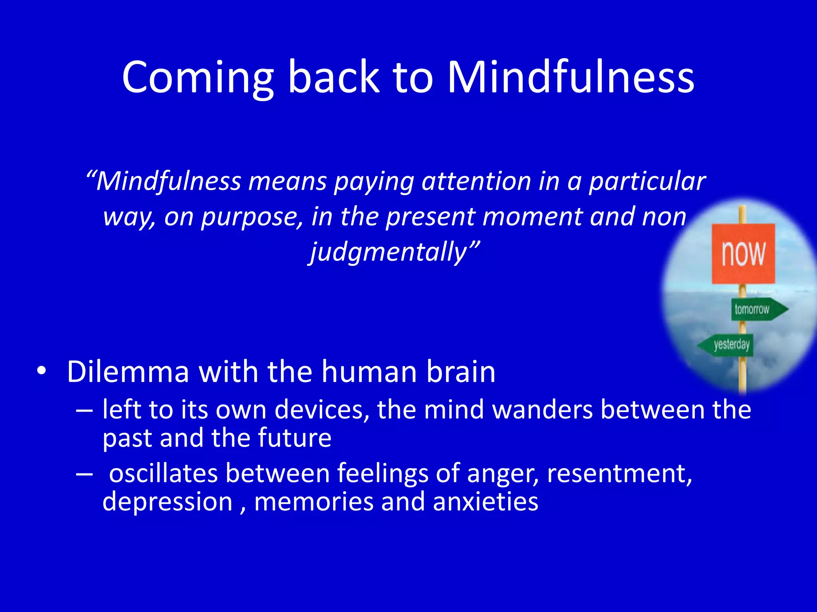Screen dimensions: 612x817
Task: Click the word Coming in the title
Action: [197, 78]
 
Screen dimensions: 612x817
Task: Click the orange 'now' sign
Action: [743, 253]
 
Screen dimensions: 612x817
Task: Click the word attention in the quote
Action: [476, 181]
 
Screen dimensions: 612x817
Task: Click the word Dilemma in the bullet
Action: [128, 372]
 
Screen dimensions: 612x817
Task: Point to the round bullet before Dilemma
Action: [41, 371]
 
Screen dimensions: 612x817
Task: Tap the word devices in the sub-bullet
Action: [322, 410]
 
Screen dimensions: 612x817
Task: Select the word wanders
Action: [543, 410]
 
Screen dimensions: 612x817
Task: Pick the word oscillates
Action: [163, 473]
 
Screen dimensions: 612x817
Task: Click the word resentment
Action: [619, 473]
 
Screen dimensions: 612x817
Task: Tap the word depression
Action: [168, 502]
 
